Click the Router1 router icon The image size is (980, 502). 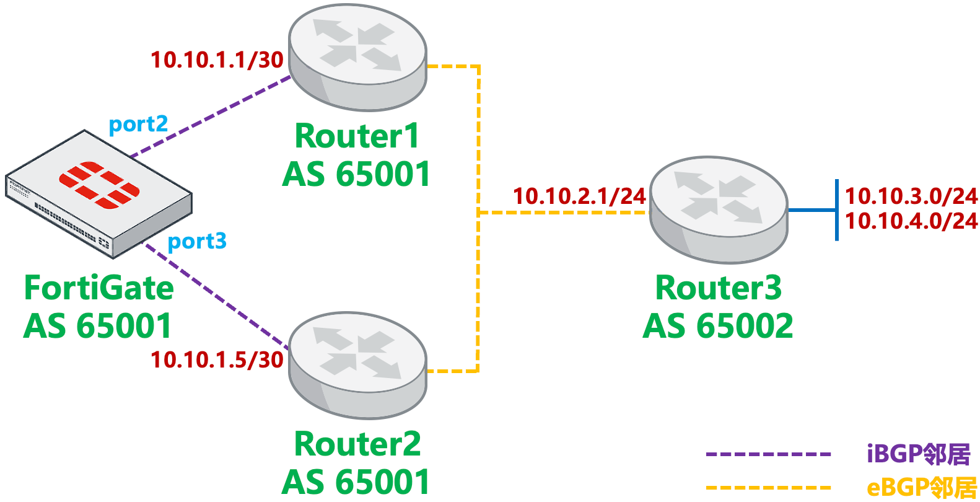[x=357, y=57]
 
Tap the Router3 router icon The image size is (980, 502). [x=719, y=209]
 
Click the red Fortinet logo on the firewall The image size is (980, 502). [x=99, y=185]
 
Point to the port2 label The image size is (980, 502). [x=138, y=124]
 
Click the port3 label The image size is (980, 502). [x=197, y=241]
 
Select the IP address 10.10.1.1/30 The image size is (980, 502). [x=217, y=60]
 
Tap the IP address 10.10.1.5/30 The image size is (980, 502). [x=217, y=360]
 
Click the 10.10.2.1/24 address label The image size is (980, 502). [x=579, y=196]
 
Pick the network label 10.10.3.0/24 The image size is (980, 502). [x=911, y=196]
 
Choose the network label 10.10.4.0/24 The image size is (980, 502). [x=911, y=221]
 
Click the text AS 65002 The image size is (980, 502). [x=718, y=327]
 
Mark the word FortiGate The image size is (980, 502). [x=99, y=288]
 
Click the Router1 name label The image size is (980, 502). [x=357, y=136]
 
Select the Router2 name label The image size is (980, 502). [x=357, y=444]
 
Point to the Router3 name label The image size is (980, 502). [x=719, y=288]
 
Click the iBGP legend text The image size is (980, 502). [x=918, y=454]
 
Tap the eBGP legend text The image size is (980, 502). [x=921, y=488]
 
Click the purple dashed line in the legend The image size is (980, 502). [x=768, y=454]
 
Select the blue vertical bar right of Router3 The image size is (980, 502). [x=837, y=210]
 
